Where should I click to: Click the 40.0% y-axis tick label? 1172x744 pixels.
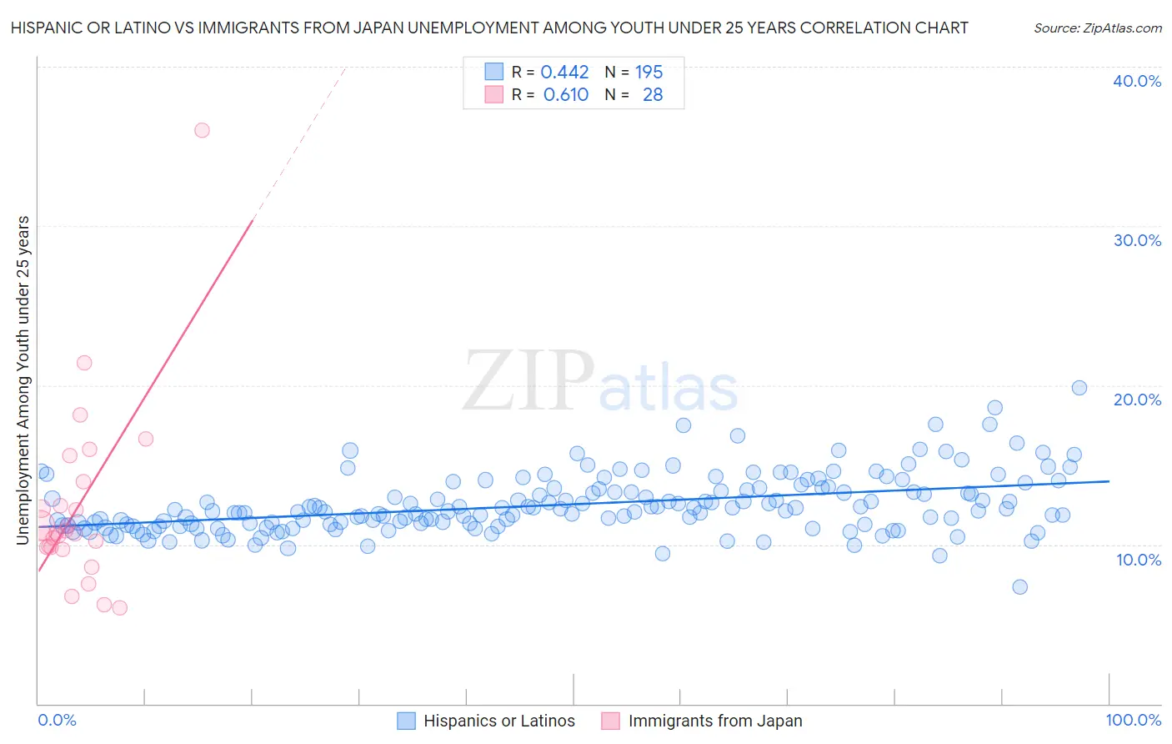pyautogui.click(x=1137, y=81)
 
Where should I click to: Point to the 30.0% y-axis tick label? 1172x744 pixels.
pyautogui.click(x=1137, y=240)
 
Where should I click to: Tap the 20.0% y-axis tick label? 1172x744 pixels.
pyautogui.click(x=1137, y=400)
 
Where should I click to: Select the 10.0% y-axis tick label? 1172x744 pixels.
pyautogui.click(x=1137, y=560)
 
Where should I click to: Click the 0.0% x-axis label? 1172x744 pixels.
pyautogui.click(x=57, y=720)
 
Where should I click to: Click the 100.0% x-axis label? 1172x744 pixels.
pyautogui.click(x=1133, y=720)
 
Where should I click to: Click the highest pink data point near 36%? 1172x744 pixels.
pyautogui.click(x=202, y=130)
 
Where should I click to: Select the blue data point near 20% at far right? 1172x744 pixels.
pyautogui.click(x=1079, y=388)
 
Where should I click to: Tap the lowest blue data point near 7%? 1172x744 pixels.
pyautogui.click(x=1019, y=587)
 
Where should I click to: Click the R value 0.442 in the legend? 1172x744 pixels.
pyautogui.click(x=564, y=73)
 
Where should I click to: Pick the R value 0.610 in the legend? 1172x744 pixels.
pyautogui.click(x=566, y=95)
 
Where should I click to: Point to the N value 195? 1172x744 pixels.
pyautogui.click(x=649, y=73)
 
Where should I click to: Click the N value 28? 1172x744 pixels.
pyautogui.click(x=653, y=95)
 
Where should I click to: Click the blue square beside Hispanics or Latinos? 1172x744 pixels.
pyautogui.click(x=406, y=721)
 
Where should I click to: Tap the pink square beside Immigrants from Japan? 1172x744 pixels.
pyautogui.click(x=610, y=721)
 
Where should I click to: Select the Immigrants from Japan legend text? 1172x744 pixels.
pyautogui.click(x=714, y=721)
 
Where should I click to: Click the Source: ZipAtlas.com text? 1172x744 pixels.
pyautogui.click(x=1097, y=28)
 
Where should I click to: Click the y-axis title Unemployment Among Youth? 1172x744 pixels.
pyautogui.click(x=23, y=380)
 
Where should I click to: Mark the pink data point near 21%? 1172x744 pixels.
pyautogui.click(x=84, y=363)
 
